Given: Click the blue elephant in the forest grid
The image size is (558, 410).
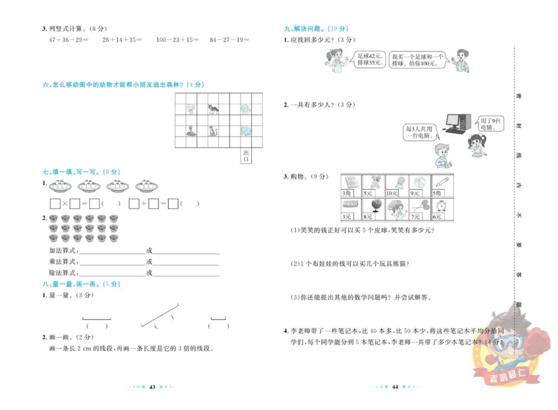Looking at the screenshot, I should (245, 130).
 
